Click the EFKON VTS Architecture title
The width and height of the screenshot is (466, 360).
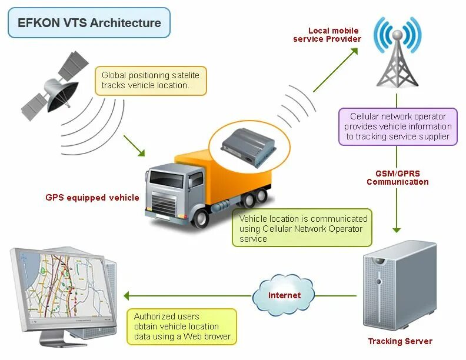[x=89, y=24]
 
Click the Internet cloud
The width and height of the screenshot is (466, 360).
[x=284, y=295]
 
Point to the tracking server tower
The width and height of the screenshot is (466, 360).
[x=400, y=286]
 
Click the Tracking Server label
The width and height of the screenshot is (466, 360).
[x=400, y=341]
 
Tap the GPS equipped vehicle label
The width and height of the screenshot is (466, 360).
[x=92, y=198]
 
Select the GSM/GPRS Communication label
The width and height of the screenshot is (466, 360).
[x=397, y=178]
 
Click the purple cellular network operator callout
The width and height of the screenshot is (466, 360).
[x=398, y=126]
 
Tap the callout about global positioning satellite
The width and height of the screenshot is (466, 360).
[x=151, y=81]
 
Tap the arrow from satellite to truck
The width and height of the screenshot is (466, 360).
[x=134, y=146]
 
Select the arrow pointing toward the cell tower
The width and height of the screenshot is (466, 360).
[x=335, y=70]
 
